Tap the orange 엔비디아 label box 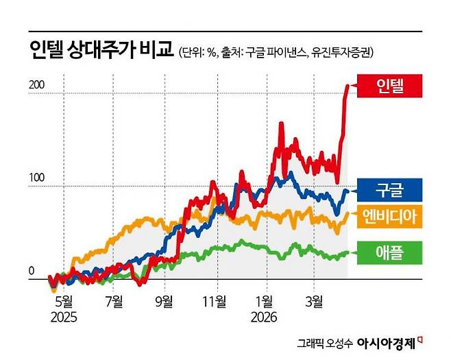[x=390, y=217]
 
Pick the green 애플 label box [x=390, y=252]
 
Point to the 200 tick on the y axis [x=36, y=85]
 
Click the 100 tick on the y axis [x=36, y=178]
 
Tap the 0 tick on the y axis [x=31, y=272]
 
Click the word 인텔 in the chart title [x=47, y=50]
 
